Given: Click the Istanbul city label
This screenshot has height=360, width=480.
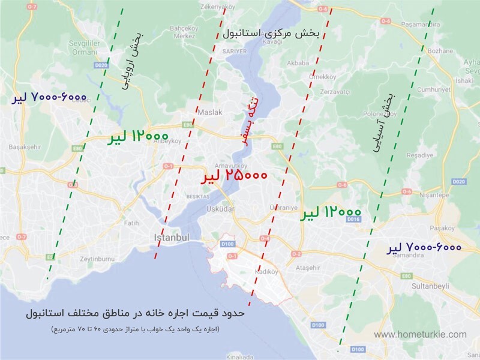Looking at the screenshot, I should [172, 238].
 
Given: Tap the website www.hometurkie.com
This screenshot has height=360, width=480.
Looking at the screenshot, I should [420, 334].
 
